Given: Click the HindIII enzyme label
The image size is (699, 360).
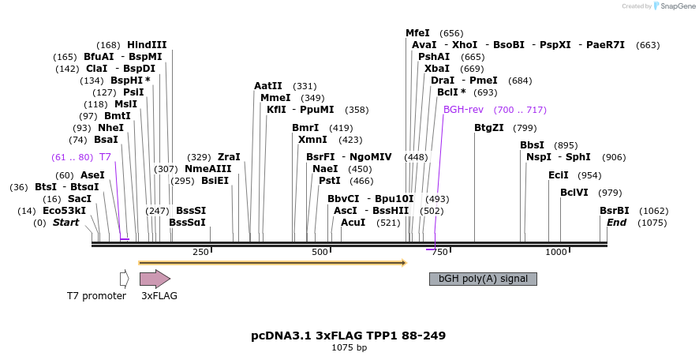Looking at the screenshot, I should click(x=147, y=45).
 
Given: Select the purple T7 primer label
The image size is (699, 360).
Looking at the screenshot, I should click(x=105, y=157).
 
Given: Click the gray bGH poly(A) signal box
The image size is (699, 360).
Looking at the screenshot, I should click(x=483, y=279).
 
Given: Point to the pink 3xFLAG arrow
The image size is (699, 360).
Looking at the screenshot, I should click(x=155, y=279).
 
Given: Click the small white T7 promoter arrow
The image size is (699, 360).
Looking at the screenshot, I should click(x=124, y=279).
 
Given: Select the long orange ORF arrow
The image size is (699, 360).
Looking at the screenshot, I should click(x=272, y=262).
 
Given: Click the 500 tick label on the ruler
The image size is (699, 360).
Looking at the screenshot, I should click(x=320, y=252).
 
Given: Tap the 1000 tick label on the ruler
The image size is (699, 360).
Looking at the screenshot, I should click(x=556, y=252).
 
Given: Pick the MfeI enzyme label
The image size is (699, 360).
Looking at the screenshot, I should click(x=417, y=33).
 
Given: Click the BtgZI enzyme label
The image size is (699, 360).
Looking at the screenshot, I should click(x=488, y=128).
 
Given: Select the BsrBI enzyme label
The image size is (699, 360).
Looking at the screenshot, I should click(x=615, y=211).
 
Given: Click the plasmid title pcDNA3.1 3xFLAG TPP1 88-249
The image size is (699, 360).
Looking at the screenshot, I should click(x=348, y=336).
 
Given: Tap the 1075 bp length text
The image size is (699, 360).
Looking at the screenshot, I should click(x=348, y=347).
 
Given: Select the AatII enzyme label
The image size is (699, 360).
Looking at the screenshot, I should click(x=268, y=86).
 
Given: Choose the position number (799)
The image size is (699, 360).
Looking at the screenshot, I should click(x=525, y=128).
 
